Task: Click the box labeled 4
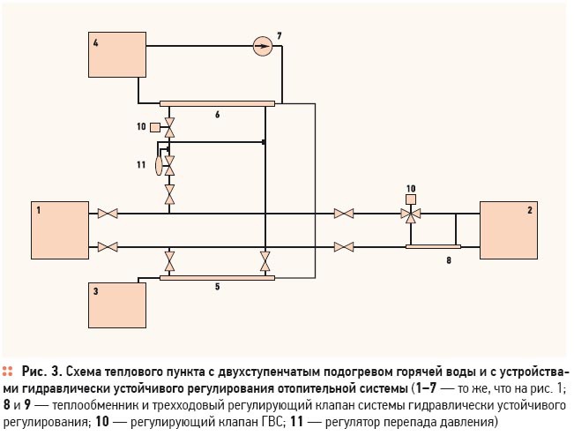click(x=117, y=55)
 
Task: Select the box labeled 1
click(x=60, y=230)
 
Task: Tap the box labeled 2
click(x=509, y=230)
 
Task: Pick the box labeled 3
click(x=117, y=305)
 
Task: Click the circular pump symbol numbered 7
click(x=263, y=46)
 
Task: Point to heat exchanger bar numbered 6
click(x=217, y=103)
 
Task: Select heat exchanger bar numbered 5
click(x=217, y=278)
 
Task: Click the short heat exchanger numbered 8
click(x=433, y=246)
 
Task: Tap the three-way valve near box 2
click(x=411, y=214)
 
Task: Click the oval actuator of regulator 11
click(x=159, y=166)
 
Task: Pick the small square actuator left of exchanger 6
click(x=155, y=127)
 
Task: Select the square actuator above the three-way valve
click(x=411, y=199)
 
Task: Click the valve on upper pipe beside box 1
click(x=108, y=214)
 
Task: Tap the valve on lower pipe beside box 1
click(x=108, y=247)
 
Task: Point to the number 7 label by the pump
click(x=280, y=36)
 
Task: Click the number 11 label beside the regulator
click(x=141, y=165)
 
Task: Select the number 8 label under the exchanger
click(x=449, y=260)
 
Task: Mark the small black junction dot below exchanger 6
click(x=264, y=142)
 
